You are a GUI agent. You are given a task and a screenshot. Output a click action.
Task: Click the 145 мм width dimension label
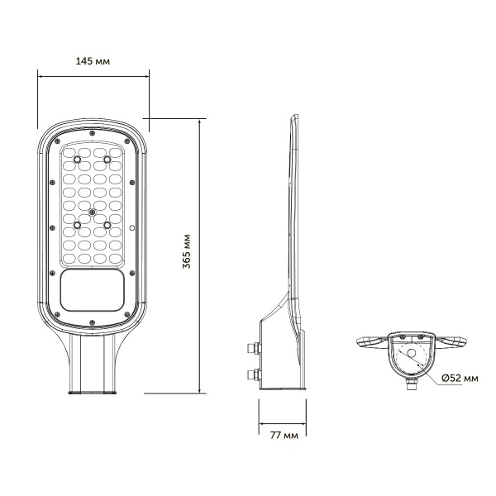click(93, 62)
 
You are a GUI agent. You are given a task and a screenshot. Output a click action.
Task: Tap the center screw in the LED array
click(93, 212)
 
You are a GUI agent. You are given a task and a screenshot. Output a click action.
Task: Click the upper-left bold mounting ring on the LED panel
click(78, 157)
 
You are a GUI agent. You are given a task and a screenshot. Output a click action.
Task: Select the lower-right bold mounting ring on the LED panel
click(107, 224)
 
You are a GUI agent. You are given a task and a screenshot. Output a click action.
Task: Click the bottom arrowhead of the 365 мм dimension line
click(203, 391)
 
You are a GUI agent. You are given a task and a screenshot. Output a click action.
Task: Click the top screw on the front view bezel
click(93, 131)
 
